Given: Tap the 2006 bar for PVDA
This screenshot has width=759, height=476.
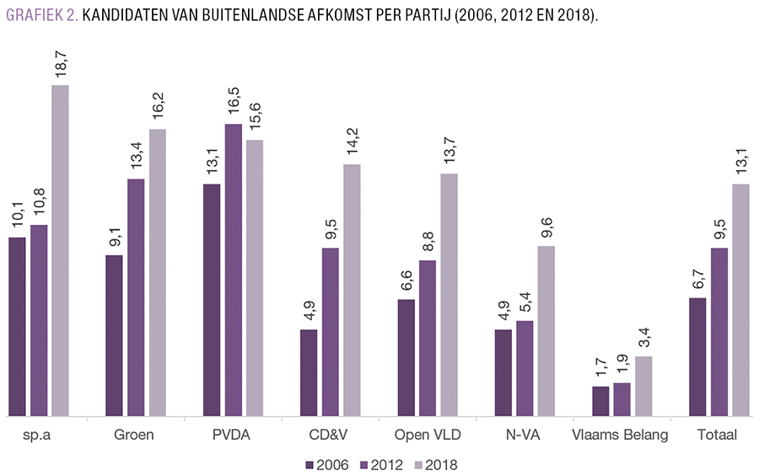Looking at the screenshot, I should pos(212,300).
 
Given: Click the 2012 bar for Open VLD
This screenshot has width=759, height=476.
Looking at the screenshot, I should pos(428,339).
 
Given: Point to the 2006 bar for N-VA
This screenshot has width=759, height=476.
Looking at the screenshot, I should pos(503,373).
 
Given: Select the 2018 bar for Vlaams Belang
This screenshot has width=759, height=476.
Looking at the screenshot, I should pos(643,387).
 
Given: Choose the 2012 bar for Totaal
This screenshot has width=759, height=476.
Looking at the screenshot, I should pos(719,332).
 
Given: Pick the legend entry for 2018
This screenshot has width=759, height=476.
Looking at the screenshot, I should pos(431,464).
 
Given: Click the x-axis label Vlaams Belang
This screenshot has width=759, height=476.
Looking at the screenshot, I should pos(621,436).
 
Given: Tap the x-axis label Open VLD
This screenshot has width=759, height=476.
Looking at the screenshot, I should pos(427,436).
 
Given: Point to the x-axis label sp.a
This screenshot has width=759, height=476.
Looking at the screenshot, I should pos(38,436).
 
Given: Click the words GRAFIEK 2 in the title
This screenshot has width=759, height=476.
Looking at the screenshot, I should pos(41,15).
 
